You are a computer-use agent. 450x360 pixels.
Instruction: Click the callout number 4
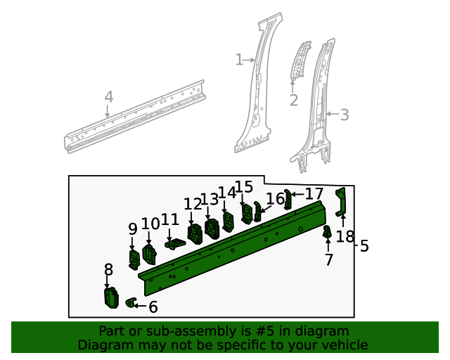[108, 96]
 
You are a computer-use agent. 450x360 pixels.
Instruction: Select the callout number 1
[239, 60]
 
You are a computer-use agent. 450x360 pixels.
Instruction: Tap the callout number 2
[293, 101]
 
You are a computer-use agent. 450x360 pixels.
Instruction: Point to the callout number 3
[345, 115]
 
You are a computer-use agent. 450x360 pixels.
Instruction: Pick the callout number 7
[328, 260]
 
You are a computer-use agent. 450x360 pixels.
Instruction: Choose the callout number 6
[153, 307]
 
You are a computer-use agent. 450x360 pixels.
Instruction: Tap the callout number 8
[108, 269]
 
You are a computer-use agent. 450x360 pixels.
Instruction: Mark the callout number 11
[170, 220]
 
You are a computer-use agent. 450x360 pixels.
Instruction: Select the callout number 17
[314, 193]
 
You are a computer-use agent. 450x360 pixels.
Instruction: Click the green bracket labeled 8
[110, 297]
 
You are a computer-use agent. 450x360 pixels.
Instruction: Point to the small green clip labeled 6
[130, 303]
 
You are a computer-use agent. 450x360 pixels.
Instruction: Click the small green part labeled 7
[327, 232]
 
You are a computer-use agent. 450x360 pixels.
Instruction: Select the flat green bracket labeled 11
[175, 243]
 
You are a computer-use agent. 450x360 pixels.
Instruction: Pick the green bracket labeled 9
[134, 259]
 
